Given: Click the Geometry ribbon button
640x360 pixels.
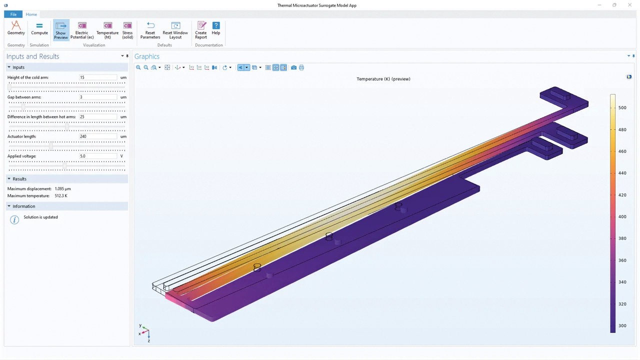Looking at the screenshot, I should click(16, 28).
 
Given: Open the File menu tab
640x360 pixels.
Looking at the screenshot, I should click(13, 14).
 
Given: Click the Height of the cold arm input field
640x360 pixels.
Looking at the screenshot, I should click(98, 77).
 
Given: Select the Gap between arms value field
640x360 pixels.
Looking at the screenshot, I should click(98, 97).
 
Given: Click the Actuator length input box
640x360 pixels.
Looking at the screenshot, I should click(98, 136).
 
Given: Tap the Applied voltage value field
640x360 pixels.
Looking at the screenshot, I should click(98, 156).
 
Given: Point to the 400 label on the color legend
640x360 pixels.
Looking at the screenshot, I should click(622, 216).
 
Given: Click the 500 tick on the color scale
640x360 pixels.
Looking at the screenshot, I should click(622, 107).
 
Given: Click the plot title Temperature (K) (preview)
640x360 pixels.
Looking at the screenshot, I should click(383, 79).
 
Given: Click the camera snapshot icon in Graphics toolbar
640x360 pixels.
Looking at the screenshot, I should click(293, 67).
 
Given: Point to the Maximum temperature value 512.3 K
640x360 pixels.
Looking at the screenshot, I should click(61, 195).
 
